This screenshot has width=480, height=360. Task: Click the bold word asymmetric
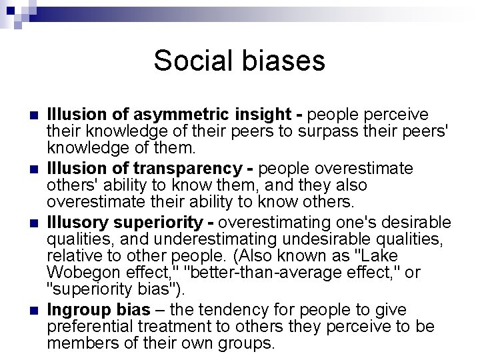[165, 114]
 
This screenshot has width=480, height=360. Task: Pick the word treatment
[181, 327]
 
